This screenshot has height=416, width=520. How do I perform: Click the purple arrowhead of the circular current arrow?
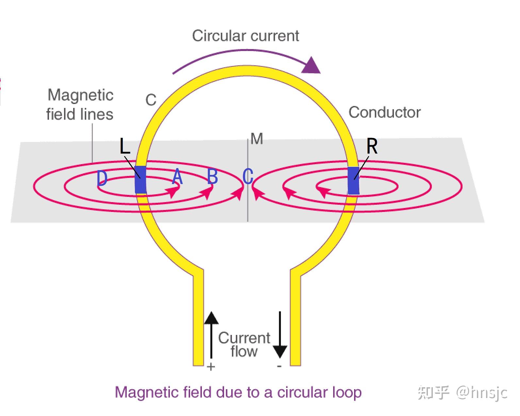click(x=311, y=66)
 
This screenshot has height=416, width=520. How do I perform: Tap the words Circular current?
click(x=246, y=36)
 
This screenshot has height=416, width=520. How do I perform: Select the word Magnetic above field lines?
click(x=80, y=95)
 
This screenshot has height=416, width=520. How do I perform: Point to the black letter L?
click(x=125, y=146)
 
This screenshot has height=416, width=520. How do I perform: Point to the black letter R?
click(x=372, y=146)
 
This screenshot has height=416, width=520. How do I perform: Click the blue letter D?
click(x=102, y=178)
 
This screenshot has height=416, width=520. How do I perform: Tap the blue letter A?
click(x=177, y=176)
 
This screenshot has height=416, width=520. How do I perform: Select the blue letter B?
click(x=213, y=176)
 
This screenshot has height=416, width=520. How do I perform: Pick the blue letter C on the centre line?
click(x=248, y=176)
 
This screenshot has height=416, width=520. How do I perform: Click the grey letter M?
click(x=257, y=139)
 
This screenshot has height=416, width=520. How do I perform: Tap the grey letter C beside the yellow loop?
click(x=151, y=100)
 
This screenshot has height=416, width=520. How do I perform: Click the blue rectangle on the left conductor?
click(x=140, y=180)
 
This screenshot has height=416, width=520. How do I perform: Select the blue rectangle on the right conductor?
click(x=353, y=181)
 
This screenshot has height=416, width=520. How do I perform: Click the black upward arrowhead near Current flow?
click(x=211, y=318)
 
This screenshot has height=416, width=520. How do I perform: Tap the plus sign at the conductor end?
click(x=211, y=367)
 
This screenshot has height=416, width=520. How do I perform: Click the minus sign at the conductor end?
click(x=279, y=366)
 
